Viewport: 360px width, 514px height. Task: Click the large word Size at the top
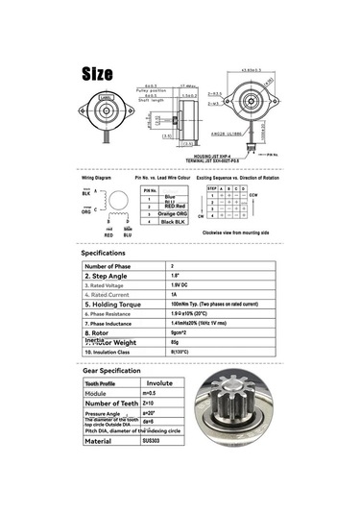(x=97, y=74)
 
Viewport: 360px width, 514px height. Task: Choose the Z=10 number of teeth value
(x=149, y=403)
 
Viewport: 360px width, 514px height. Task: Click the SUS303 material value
(x=153, y=442)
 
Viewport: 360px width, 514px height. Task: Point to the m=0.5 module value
(x=149, y=393)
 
